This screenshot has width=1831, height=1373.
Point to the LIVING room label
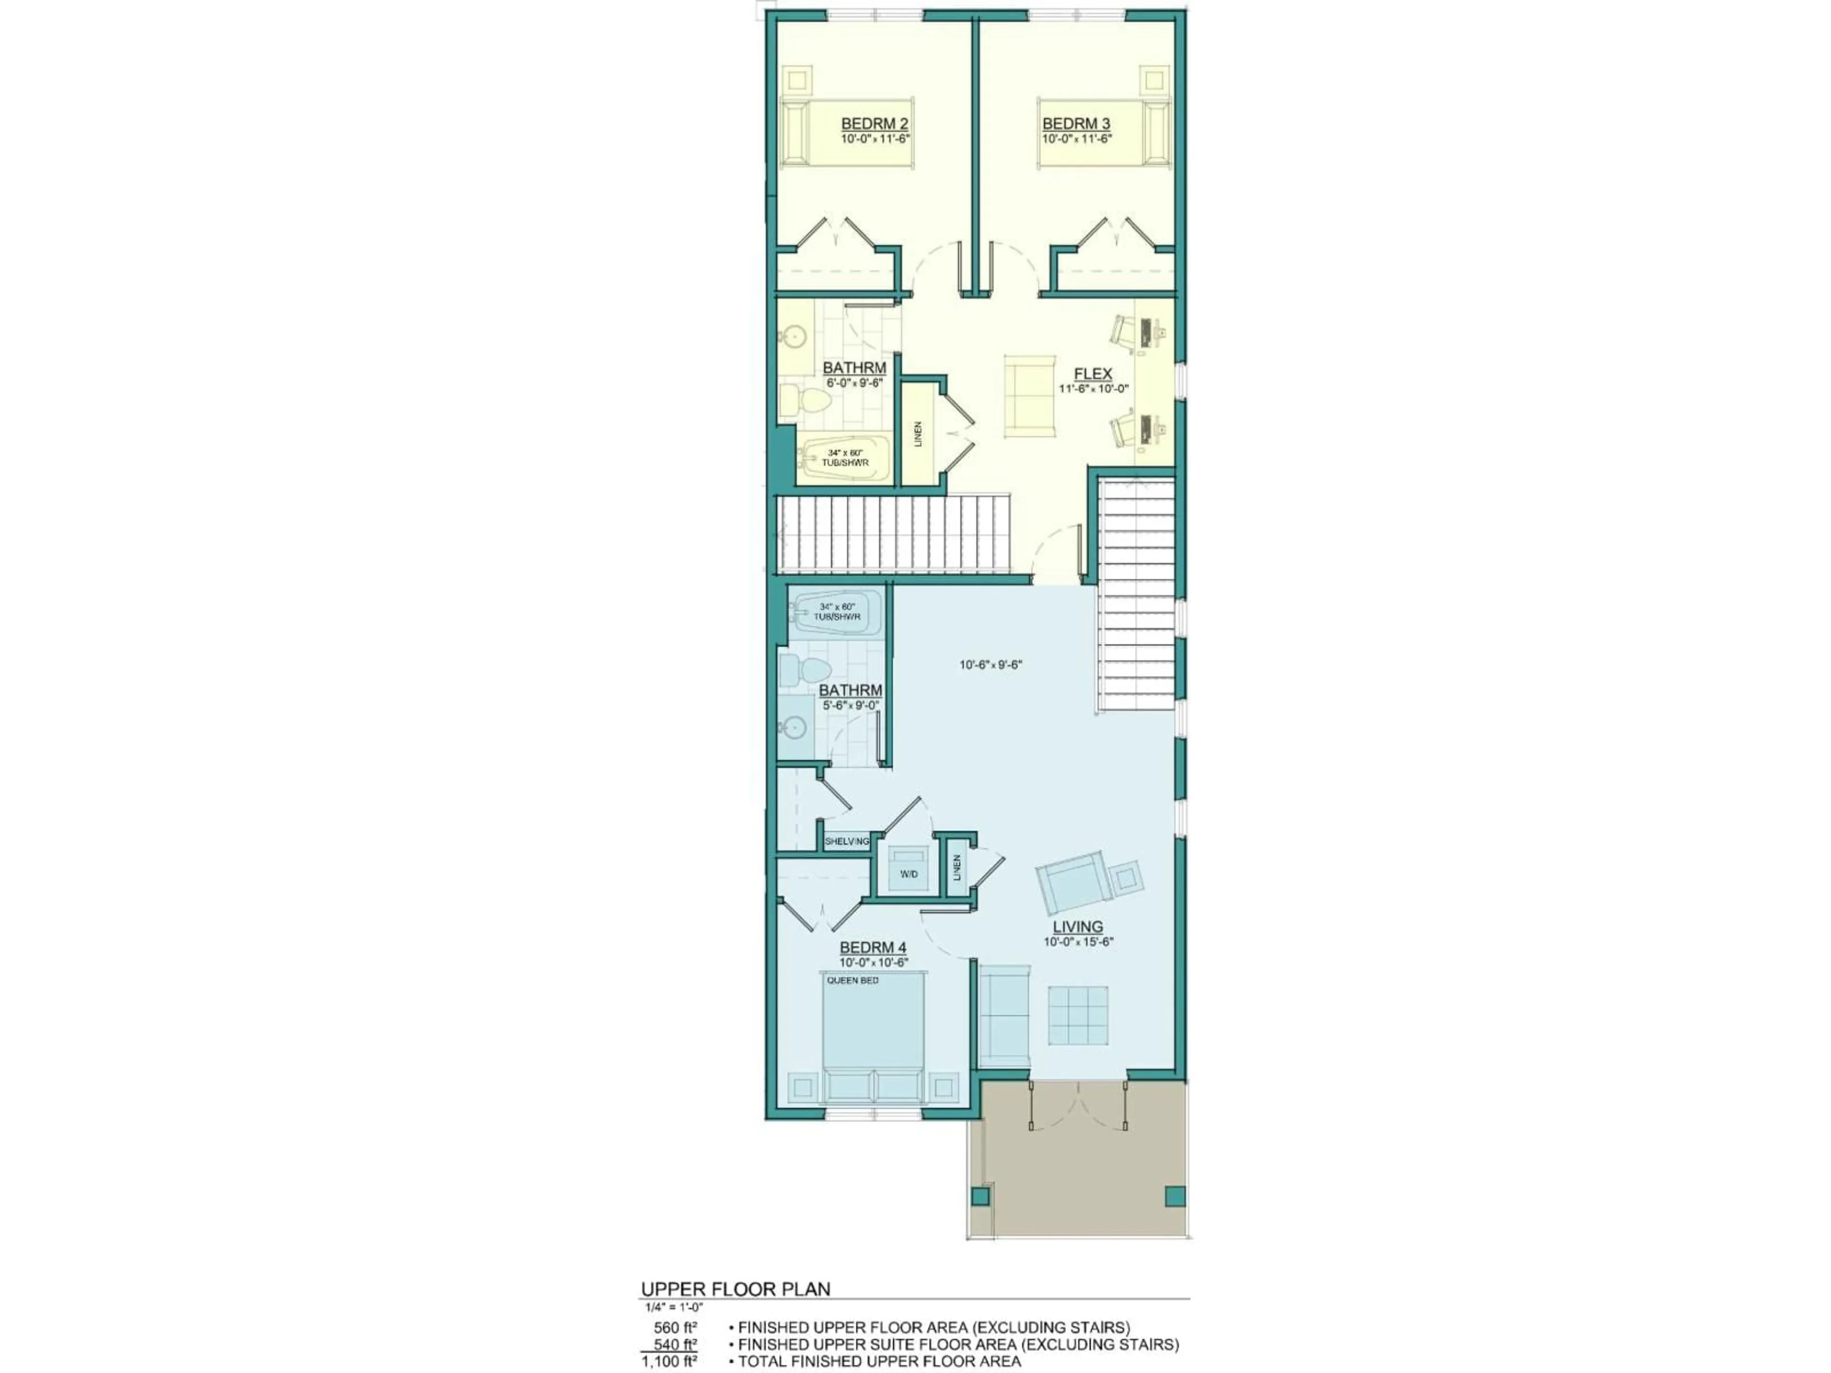pyautogui.click(x=1077, y=927)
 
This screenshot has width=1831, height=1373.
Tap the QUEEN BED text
pyautogui.click(x=853, y=981)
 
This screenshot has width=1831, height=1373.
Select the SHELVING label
pyautogui.click(x=847, y=841)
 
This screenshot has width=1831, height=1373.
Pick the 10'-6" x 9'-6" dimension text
pyautogui.click(x=991, y=665)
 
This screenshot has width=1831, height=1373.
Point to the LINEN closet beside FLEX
pyautogui.click(x=918, y=434)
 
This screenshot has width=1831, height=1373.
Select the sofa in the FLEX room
pyautogui.click(x=1030, y=396)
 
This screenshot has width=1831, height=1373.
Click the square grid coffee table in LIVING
pyautogui.click(x=1078, y=1015)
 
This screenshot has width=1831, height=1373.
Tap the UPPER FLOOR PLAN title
pyautogui.click(x=735, y=1289)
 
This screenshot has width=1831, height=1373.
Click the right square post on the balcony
pyautogui.click(x=1174, y=1196)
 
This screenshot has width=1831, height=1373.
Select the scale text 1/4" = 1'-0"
pyautogui.click(x=674, y=1308)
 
